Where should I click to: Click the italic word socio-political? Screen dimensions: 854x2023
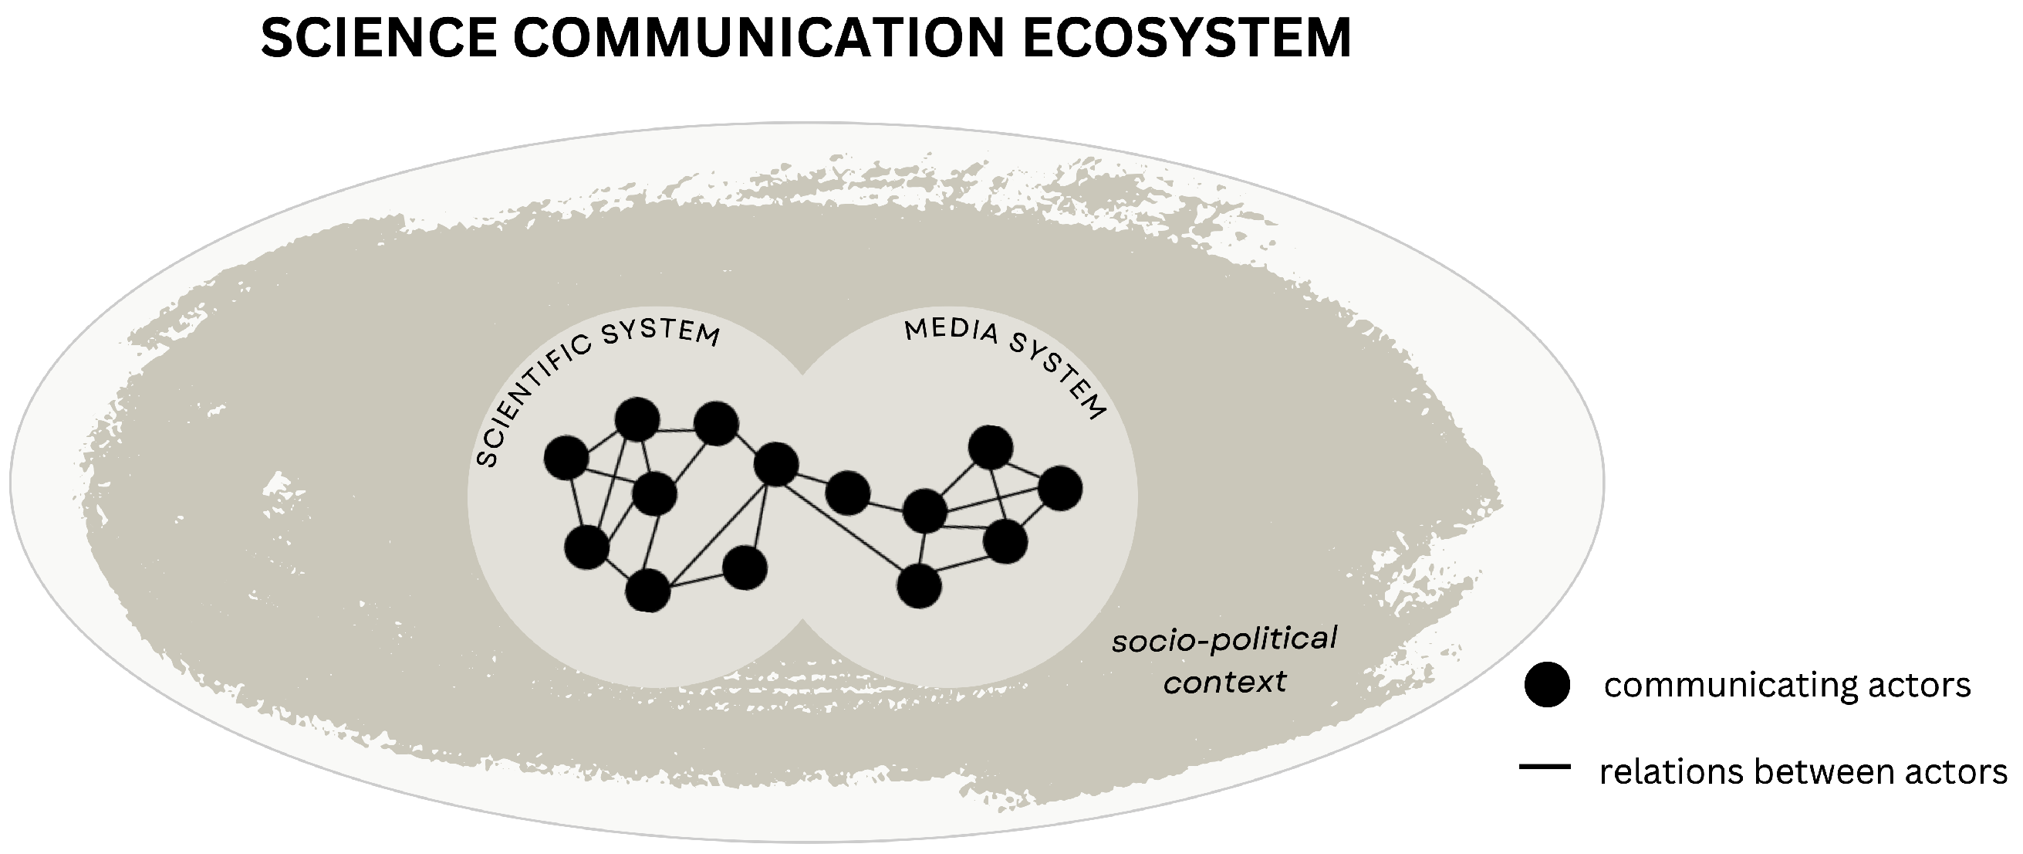1224,640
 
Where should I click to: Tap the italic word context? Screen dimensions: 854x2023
1224,682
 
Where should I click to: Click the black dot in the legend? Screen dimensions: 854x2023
1546,684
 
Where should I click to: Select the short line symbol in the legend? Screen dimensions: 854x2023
1544,766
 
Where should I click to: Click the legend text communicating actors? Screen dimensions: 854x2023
1787,685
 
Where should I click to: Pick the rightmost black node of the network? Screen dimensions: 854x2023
1060,488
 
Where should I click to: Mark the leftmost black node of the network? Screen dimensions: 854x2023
566,457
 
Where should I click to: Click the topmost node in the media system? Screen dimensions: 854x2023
991,447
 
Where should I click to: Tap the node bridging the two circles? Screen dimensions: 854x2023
847,493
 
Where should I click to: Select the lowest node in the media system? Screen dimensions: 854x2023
919,586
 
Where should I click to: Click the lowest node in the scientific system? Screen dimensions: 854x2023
648,590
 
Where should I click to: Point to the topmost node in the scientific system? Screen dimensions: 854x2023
637,419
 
